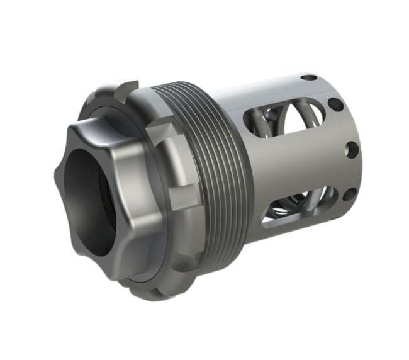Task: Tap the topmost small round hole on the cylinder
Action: tap(309, 78)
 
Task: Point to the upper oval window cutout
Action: tap(277, 123)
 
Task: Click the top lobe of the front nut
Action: tap(94, 129)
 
